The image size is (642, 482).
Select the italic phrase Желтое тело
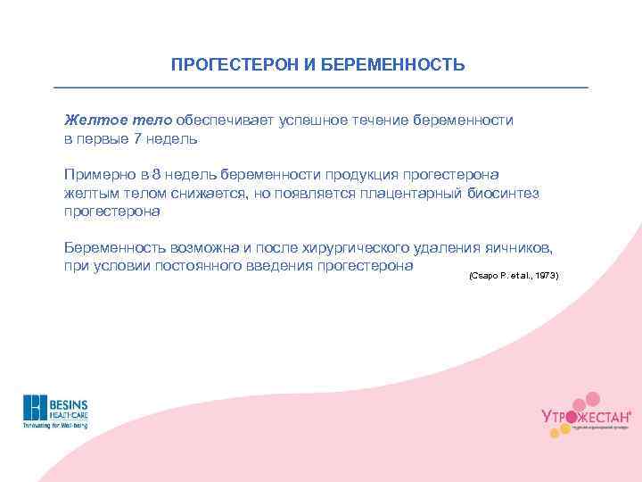(118, 120)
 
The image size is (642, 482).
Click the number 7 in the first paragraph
(136, 139)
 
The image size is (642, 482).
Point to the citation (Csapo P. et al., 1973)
(513, 276)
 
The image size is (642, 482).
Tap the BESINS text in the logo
(68, 403)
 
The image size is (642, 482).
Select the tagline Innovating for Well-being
(56, 426)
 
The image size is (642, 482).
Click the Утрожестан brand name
(585, 417)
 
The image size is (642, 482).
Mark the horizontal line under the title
(321, 87)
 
